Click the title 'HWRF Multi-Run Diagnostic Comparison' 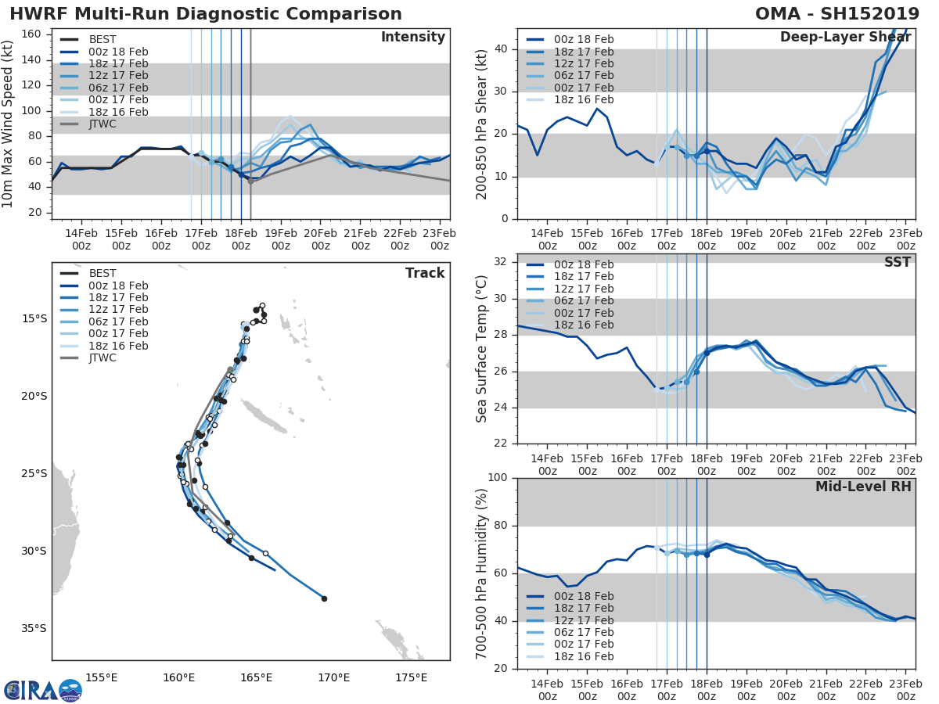click(x=206, y=14)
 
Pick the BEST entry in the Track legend click(x=103, y=273)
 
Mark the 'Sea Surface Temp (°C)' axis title click(x=482, y=349)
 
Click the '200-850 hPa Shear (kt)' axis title click(x=482, y=124)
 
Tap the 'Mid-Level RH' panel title click(x=863, y=487)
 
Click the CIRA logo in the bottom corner click(x=42, y=690)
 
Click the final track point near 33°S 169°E click(x=324, y=599)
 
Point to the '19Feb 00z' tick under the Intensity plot click(x=280, y=240)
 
